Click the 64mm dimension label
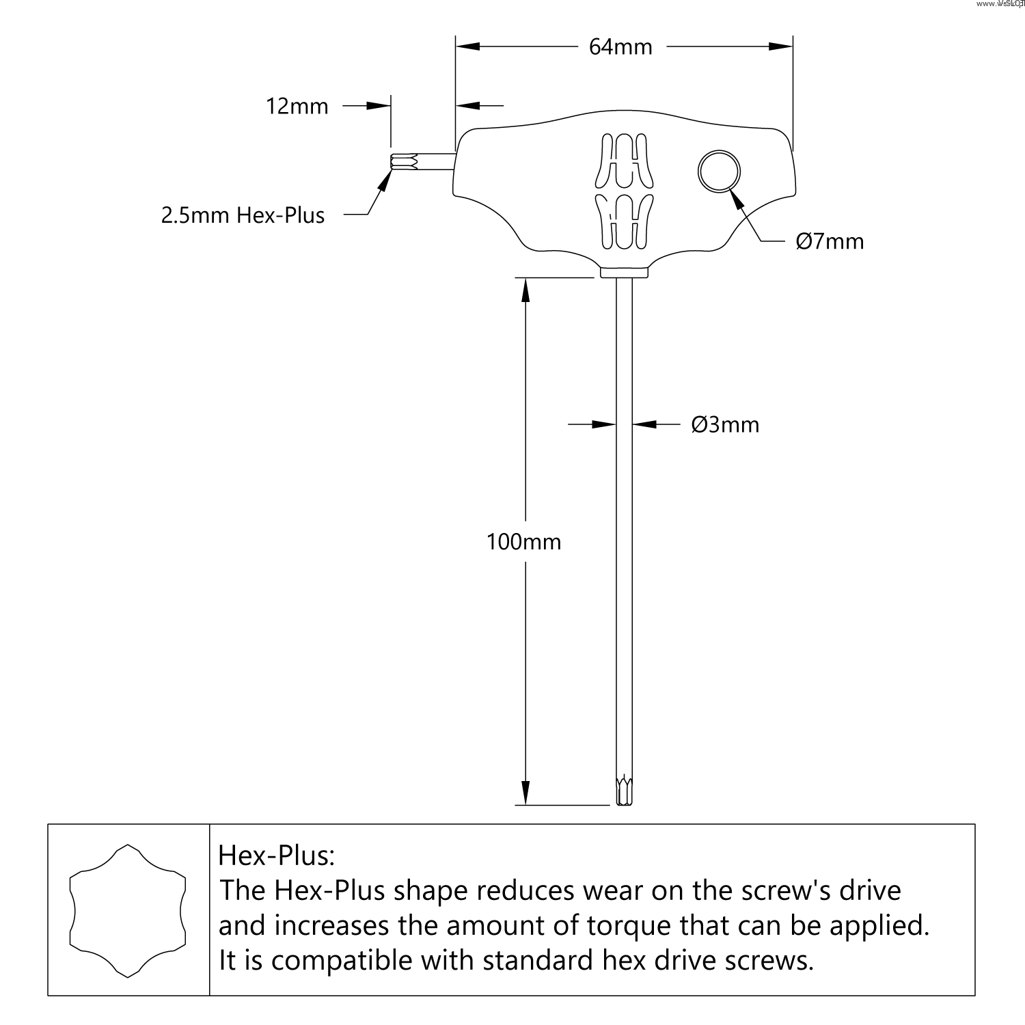620,47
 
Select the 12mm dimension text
297,107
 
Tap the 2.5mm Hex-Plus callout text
243,216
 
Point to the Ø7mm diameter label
830,242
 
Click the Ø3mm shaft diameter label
725,425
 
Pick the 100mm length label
523,542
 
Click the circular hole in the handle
719,170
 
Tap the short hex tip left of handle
403,163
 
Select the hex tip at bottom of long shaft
623,791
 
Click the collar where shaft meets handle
624,273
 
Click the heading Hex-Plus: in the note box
277,856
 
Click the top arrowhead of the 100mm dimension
525,290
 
